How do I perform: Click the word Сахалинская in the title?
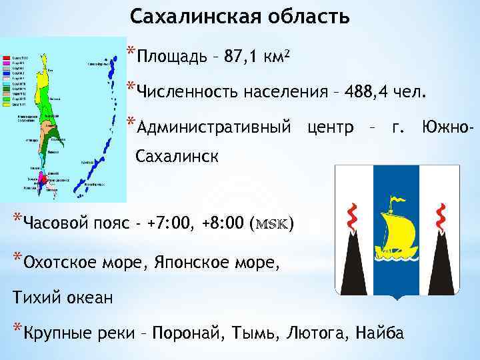(x=187, y=17)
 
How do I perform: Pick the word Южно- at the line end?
(x=448, y=125)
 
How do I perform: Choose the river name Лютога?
(x=318, y=332)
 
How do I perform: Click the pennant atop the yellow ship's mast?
(x=397, y=199)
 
